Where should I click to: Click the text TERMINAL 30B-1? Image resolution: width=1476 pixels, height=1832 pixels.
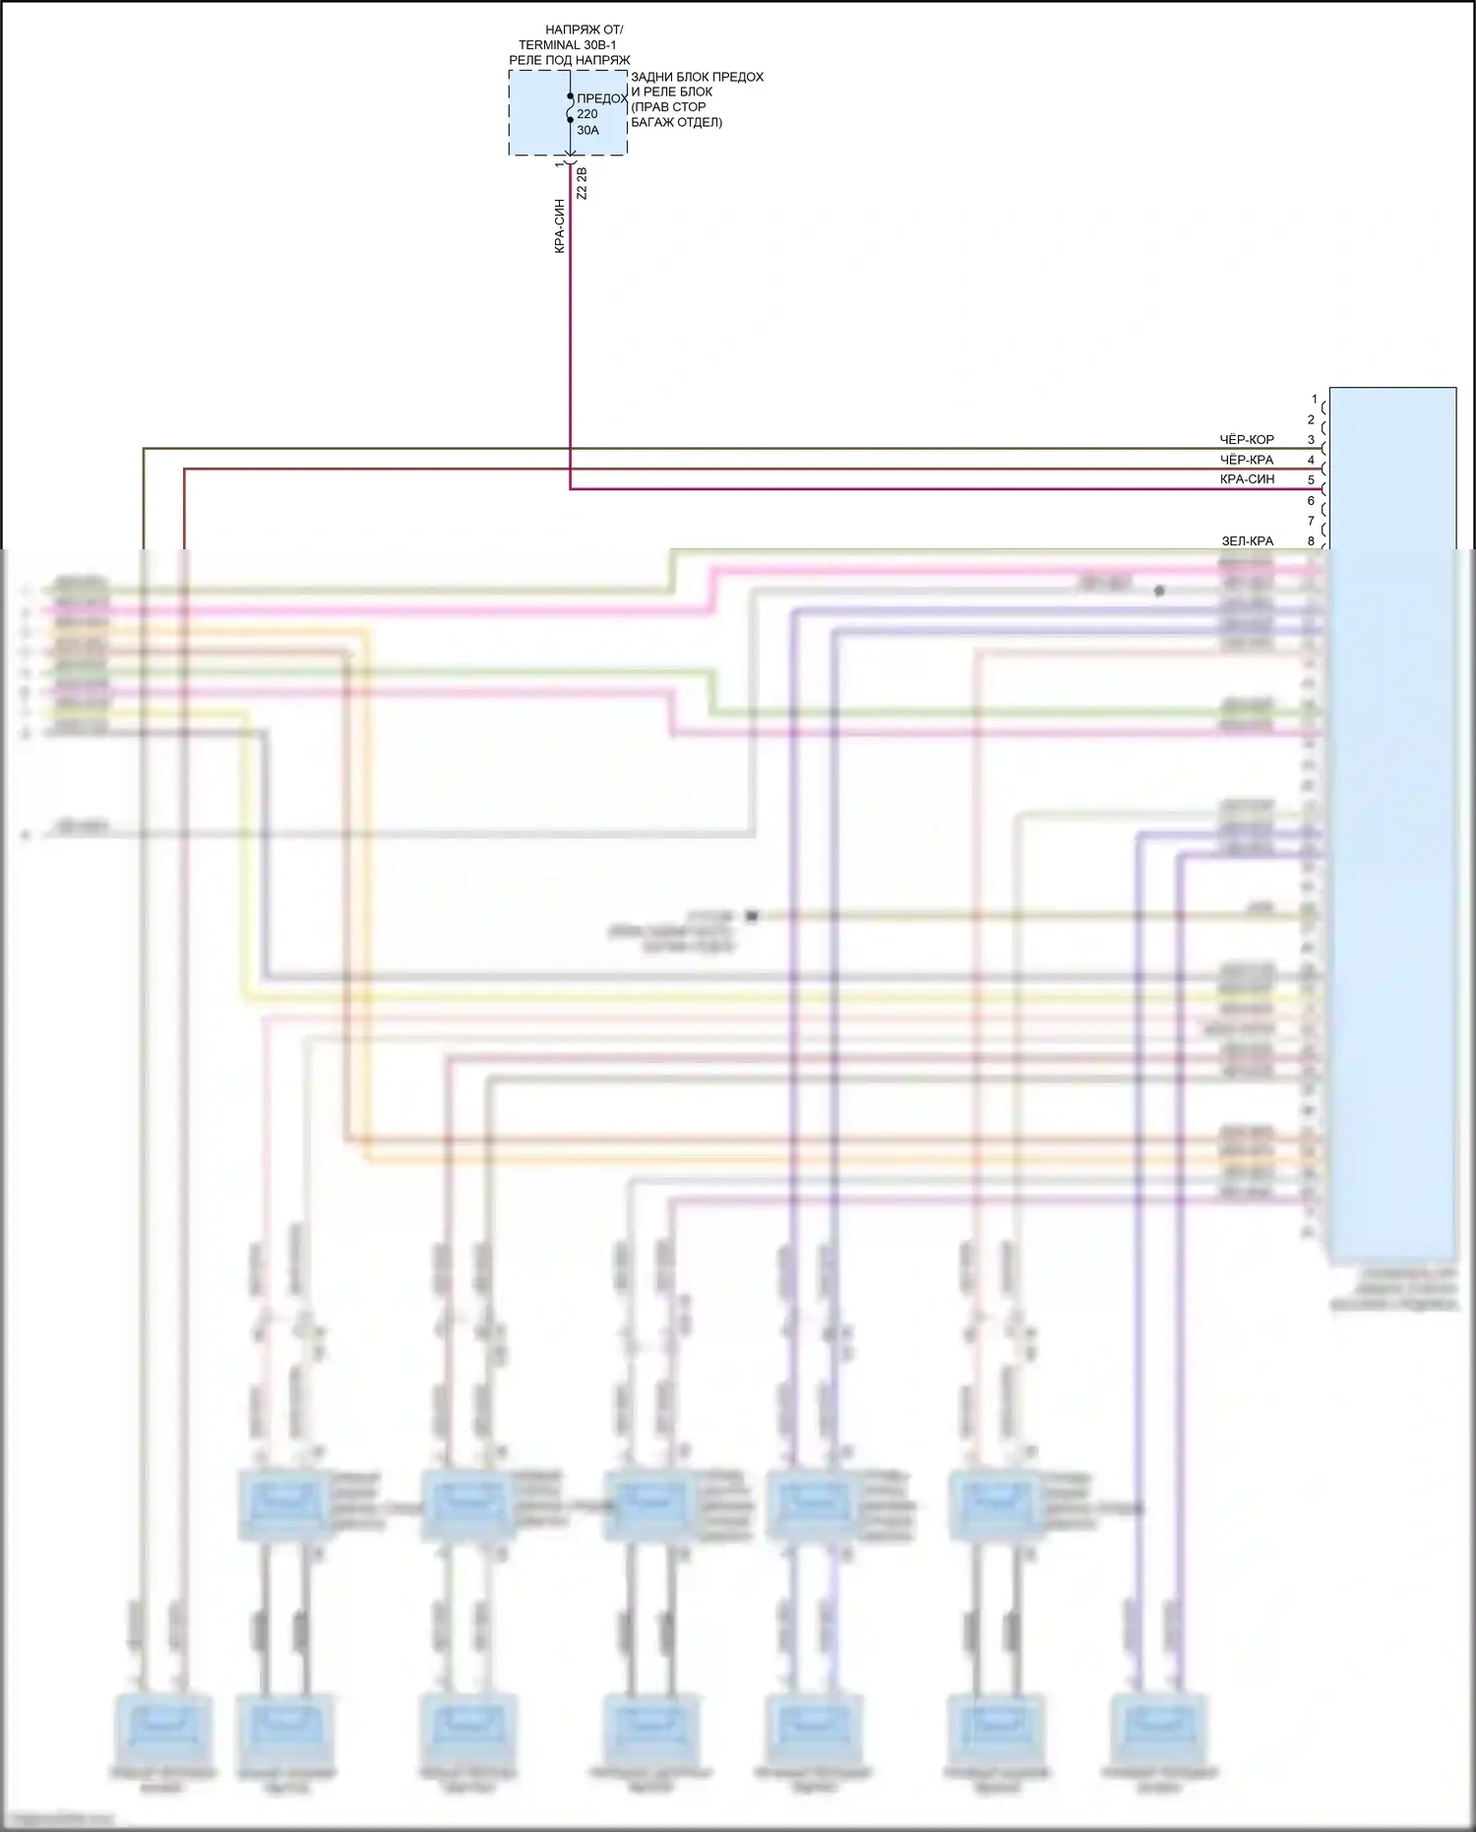point(568,45)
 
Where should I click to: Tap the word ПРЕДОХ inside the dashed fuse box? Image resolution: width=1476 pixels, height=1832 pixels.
point(602,98)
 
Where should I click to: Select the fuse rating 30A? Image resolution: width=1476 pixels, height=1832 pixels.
point(587,130)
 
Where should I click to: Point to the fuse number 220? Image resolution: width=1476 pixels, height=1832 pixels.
point(587,114)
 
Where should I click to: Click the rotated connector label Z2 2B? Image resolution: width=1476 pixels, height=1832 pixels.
point(582,184)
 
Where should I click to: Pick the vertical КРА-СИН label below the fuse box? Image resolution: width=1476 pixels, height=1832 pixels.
point(560,226)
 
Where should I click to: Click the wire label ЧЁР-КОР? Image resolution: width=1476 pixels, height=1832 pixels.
point(1247,440)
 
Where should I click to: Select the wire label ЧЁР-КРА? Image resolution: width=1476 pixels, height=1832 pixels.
point(1247,460)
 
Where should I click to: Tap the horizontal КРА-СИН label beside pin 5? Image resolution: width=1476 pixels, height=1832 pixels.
point(1247,479)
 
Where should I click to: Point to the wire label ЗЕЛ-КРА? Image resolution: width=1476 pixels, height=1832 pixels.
point(1247,541)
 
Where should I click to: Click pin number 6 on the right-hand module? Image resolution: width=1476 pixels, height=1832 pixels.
point(1311,501)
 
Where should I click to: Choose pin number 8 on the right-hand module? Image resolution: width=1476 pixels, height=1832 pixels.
point(1311,541)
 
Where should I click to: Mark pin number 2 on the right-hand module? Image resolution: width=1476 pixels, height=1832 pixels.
point(1311,420)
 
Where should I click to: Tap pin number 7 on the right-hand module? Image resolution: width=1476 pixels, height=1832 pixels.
point(1311,521)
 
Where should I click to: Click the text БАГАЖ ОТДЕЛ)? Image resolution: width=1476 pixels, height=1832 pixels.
point(676,122)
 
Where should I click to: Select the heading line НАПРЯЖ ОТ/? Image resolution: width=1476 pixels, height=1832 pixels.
point(584,31)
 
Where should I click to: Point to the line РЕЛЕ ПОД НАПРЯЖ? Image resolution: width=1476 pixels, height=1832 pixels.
point(569,60)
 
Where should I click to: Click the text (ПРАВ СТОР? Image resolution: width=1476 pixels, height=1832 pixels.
point(668,107)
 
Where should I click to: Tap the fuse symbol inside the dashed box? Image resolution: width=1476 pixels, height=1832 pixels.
point(571,108)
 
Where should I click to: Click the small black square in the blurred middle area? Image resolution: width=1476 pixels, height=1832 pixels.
point(752,916)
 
